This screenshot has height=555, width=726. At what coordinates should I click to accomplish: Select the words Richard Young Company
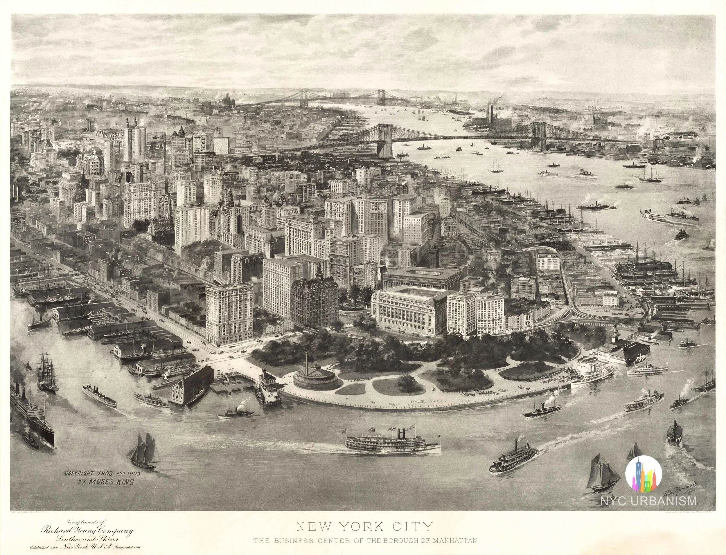coord(87,531)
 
